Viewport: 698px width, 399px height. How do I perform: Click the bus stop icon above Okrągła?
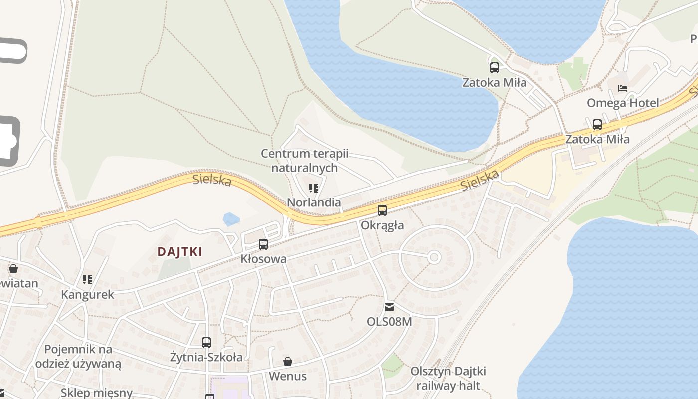click(382, 210)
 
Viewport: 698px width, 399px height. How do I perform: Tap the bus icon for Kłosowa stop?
click(263, 244)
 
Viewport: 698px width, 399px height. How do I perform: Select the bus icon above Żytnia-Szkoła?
click(206, 343)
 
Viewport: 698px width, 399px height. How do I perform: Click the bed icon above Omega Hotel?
click(623, 88)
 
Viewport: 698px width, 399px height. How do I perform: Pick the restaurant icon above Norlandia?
click(314, 188)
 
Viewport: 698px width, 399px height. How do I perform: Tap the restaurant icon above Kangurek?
click(87, 280)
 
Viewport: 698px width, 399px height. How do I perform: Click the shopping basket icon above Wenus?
click(288, 361)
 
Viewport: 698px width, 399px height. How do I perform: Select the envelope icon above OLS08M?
click(389, 307)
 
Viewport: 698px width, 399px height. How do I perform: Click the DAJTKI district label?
click(180, 252)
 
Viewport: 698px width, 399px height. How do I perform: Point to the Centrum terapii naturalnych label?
click(305, 161)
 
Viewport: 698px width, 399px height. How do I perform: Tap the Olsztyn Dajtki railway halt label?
click(448, 378)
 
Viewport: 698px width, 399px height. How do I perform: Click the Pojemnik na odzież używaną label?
click(78, 356)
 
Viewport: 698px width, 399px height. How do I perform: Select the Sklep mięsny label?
click(97, 393)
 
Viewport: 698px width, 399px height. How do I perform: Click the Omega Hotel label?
click(623, 103)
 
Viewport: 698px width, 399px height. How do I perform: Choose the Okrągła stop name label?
click(382, 225)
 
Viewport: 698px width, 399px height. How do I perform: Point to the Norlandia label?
click(314, 202)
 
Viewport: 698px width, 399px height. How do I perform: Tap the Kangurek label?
click(87, 294)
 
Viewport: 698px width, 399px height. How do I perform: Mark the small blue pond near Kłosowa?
click(231, 219)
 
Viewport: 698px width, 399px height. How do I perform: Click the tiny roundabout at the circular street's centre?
click(434, 257)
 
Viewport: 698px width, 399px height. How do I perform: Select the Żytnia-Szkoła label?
click(206, 357)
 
